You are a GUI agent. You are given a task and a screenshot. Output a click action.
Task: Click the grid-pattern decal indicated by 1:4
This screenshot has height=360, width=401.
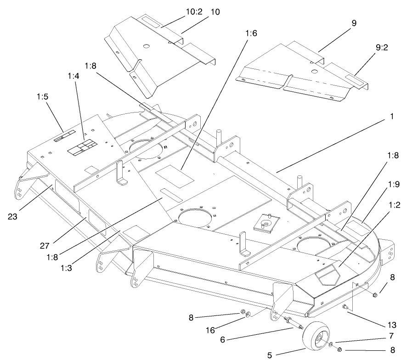click(82, 148)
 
